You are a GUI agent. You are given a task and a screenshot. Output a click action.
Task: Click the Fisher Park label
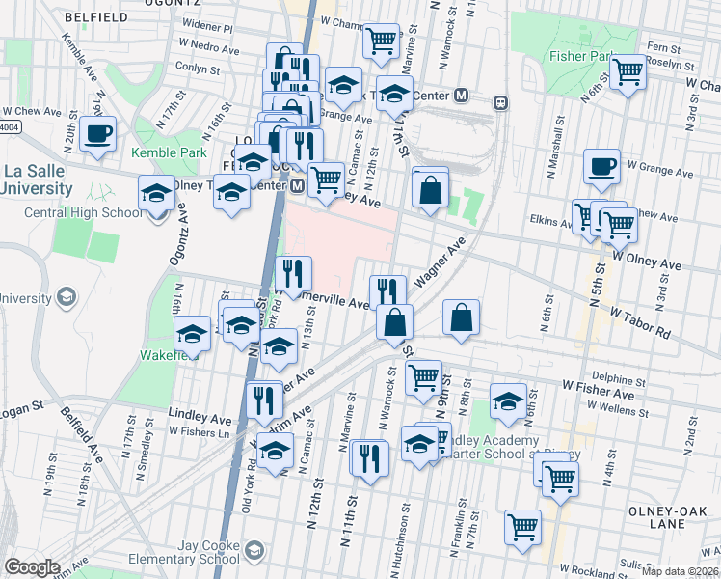click(x=581, y=57)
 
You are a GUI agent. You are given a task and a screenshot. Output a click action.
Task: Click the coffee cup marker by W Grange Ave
click(x=601, y=166)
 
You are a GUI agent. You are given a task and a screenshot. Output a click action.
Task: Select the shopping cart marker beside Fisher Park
click(x=628, y=70)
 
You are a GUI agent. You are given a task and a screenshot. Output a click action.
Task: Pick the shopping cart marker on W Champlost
click(x=381, y=41)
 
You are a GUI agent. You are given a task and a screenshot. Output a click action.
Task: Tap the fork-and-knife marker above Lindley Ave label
click(x=263, y=398)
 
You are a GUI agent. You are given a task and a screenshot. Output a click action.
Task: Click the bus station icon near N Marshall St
click(x=500, y=102)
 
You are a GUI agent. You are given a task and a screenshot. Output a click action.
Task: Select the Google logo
click(x=32, y=566)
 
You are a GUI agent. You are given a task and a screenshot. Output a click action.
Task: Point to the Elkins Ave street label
click(x=551, y=221)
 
